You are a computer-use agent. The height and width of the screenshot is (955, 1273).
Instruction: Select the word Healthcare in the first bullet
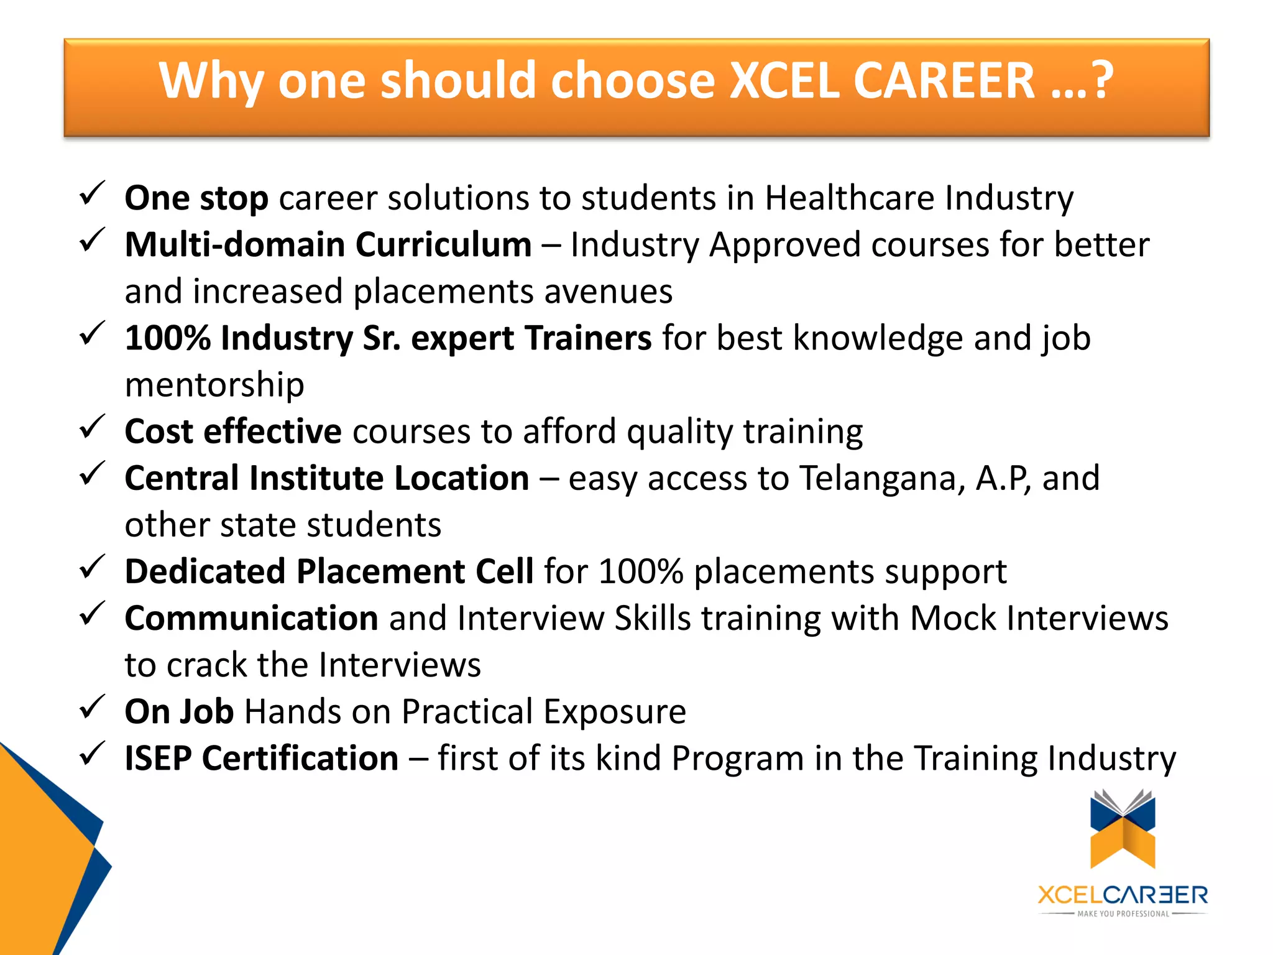pos(849,198)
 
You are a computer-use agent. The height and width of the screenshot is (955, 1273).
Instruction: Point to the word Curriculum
pos(444,244)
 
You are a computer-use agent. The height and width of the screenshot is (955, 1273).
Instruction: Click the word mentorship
pos(214,385)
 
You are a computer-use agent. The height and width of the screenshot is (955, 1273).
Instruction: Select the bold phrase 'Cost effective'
pos(233,431)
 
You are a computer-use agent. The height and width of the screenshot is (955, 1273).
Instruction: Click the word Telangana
pos(882,479)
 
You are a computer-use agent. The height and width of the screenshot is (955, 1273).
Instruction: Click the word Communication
pos(251,619)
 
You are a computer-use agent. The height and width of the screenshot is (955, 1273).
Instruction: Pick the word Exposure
pos(615,712)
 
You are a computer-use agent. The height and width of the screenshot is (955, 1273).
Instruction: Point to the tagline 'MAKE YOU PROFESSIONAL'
pos(1123,914)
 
